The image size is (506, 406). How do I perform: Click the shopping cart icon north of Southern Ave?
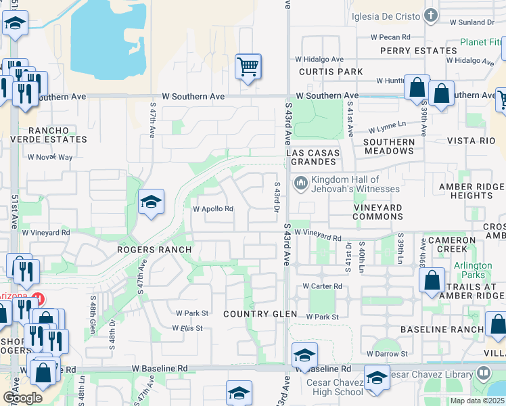[248, 67]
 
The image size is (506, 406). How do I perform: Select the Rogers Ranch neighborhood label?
[154, 250]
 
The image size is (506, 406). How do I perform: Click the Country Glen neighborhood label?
[260, 314]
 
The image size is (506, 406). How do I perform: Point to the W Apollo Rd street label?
[213, 209]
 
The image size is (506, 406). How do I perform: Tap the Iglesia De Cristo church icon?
[431, 15]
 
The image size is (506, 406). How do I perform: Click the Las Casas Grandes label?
[312, 158]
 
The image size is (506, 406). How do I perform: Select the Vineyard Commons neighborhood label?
[378, 212]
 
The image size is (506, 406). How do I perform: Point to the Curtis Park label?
[331, 72]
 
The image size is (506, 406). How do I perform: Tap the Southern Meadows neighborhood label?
[388, 146]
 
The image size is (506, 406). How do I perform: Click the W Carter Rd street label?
[322, 286]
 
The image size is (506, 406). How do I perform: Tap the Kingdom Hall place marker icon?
[300, 183]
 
